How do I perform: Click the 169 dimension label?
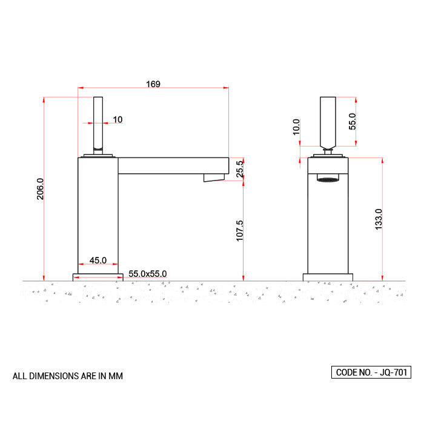tap(153, 84)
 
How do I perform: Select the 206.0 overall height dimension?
tap(41, 189)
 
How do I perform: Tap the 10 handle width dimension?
tap(117, 119)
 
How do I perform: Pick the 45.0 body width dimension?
tap(98, 260)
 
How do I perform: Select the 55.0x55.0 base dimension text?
tap(147, 274)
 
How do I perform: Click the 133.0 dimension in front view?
tap(379, 219)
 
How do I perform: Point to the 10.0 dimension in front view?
tap(296, 127)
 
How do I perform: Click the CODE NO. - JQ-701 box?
tap(371, 373)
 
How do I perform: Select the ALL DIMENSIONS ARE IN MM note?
tap(68, 376)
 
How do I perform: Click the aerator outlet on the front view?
tap(328, 179)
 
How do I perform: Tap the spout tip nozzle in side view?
tap(214, 177)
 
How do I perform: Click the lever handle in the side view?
tap(98, 124)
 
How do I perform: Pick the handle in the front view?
tap(328, 121)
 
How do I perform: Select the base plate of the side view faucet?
tap(98, 277)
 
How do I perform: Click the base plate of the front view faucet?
tap(328, 277)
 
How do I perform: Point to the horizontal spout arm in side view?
tap(173, 165)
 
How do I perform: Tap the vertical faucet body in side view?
tap(98, 212)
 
